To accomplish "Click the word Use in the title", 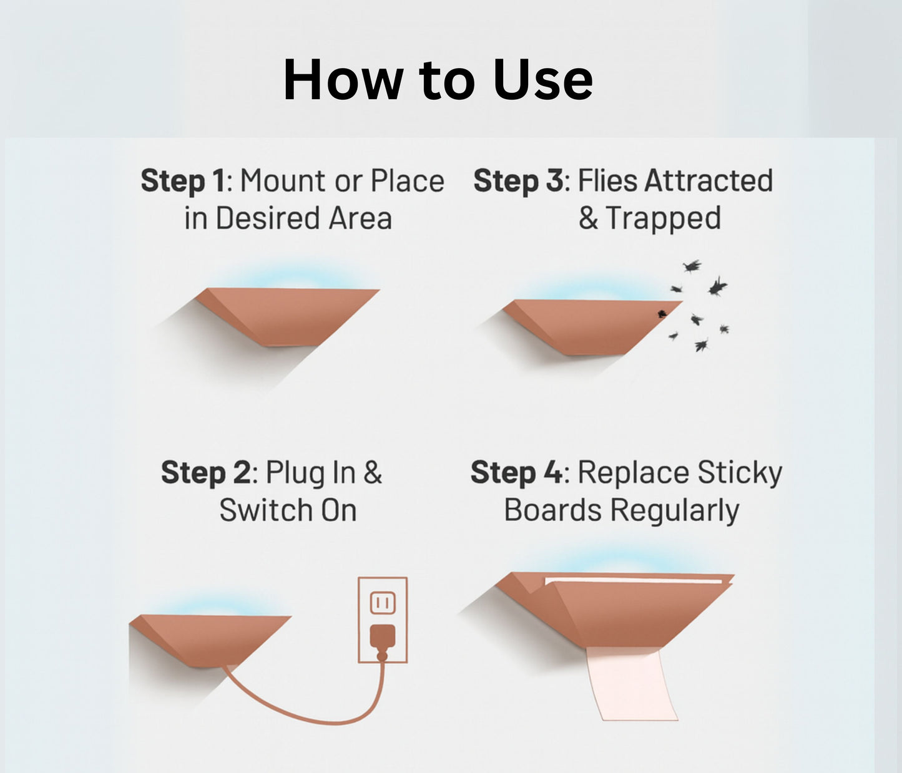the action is (x=542, y=80).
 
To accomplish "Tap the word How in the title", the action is (x=343, y=80).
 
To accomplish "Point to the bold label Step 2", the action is (x=206, y=472).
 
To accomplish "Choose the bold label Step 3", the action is (x=519, y=181).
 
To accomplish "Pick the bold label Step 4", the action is (x=517, y=472).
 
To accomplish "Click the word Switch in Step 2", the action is (x=266, y=510).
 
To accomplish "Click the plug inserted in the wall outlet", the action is (x=383, y=637).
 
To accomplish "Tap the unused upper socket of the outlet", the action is (x=383, y=603).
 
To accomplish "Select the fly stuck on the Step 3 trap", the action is (x=662, y=313).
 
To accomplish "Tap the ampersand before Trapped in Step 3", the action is (x=588, y=218).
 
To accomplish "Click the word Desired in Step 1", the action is (x=268, y=218).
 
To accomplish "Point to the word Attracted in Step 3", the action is (x=708, y=180).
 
